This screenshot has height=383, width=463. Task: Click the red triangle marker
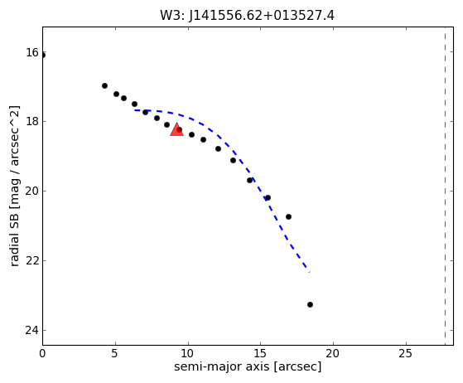[x=177, y=129]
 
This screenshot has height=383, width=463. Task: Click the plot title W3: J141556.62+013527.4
[x=247, y=16]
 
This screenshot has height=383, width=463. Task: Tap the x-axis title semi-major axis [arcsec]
[x=248, y=366]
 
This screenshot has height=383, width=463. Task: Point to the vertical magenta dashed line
[x=445, y=186]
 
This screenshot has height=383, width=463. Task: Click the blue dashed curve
[x=234, y=152]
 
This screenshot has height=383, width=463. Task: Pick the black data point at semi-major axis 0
[x=43, y=55]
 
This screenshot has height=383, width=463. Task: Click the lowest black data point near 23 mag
[x=310, y=304]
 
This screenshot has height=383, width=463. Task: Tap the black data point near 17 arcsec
[x=288, y=216]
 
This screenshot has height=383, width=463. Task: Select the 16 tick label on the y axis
[x=32, y=52]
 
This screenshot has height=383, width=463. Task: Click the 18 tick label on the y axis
[x=32, y=122]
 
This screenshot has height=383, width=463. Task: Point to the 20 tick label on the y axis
[x=32, y=191]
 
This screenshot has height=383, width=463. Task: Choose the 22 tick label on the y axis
[x=32, y=260]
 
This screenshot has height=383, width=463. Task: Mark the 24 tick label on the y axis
[x=32, y=330]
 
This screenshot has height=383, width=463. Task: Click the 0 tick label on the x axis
[x=42, y=353]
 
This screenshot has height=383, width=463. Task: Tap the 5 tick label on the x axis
[x=114, y=353]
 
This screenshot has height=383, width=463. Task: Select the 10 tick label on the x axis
[x=187, y=353]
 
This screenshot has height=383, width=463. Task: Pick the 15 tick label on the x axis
[x=260, y=353]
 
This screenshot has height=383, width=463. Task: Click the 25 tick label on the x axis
[x=405, y=353]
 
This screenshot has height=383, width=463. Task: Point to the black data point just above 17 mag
[x=104, y=85]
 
